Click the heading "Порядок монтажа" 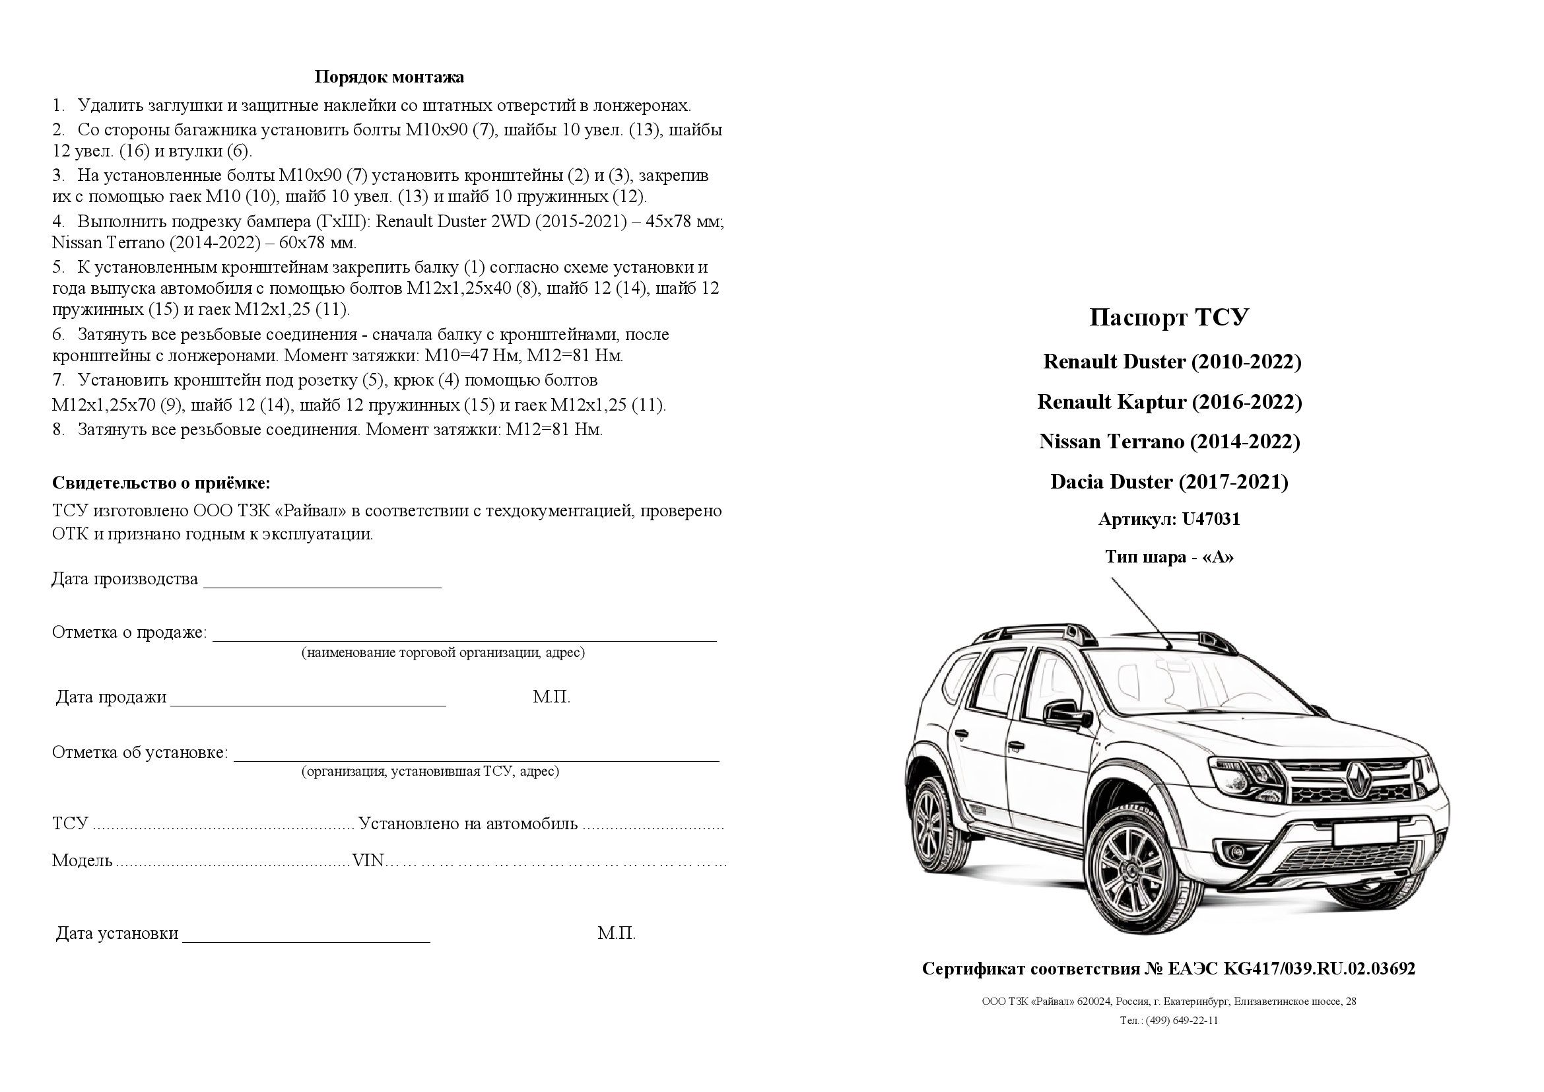coord(389,77)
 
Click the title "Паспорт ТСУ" coord(1169,318)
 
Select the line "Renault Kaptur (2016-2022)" coord(1170,402)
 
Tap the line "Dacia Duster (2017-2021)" coord(1169,482)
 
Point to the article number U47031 coord(1211,519)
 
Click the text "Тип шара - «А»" coord(1170,557)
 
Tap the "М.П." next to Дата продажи coord(551,697)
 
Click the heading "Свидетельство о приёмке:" coord(161,483)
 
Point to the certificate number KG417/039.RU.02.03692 coord(1319,969)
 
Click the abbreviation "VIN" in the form coord(368,861)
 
